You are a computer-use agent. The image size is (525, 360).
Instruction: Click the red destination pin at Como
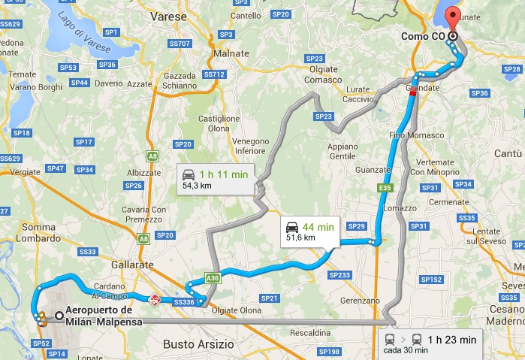[x=452, y=17]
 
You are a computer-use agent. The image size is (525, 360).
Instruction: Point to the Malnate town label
[x=231, y=55]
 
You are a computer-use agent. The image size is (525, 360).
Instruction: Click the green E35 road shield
[x=385, y=187]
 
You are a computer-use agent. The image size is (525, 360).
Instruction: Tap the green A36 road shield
[x=213, y=277]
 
